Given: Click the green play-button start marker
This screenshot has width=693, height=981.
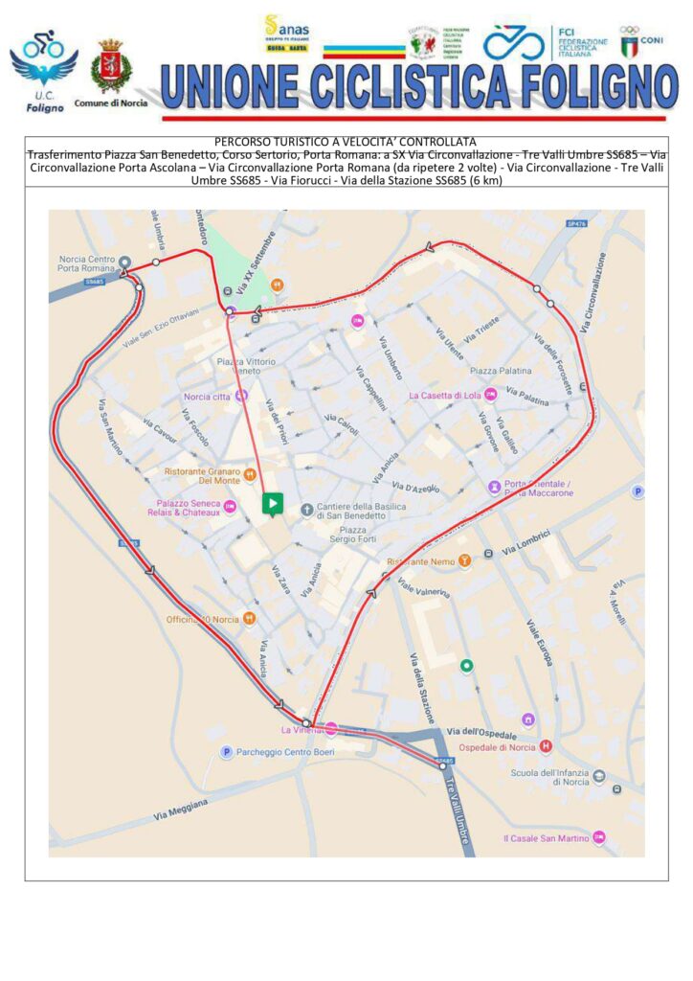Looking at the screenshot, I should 273,503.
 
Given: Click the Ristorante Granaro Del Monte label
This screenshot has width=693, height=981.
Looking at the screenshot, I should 202,475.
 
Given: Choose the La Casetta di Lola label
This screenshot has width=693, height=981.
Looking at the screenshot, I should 444,395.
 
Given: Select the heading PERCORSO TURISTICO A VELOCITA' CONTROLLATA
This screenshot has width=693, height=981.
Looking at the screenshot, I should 346,142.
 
